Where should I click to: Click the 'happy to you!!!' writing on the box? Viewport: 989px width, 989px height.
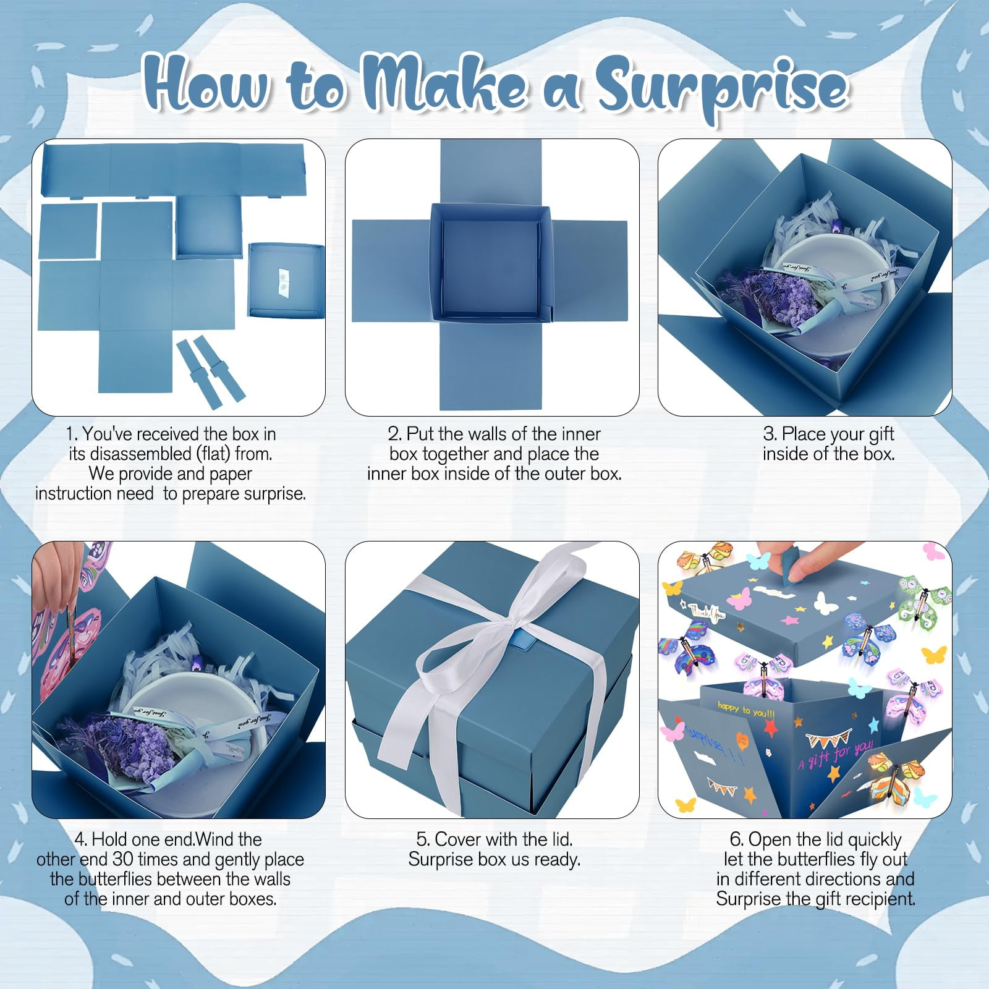click(746, 709)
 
